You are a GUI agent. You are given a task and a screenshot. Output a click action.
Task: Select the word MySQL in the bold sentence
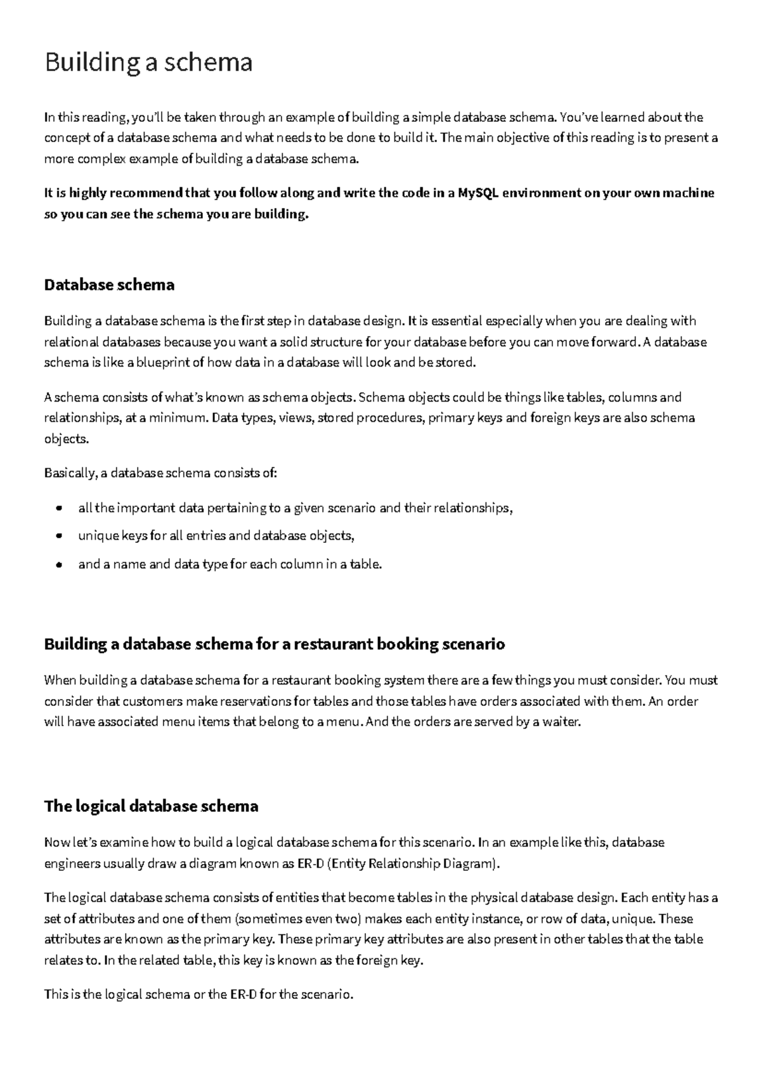[x=475, y=193]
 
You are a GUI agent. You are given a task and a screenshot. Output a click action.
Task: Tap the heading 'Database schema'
[x=109, y=285]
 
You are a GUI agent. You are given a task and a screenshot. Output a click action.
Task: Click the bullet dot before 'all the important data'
[x=59, y=508]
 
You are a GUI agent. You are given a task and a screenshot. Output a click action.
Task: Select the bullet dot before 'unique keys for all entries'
[x=59, y=536]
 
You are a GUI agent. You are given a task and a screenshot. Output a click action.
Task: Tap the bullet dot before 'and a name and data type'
[x=59, y=564]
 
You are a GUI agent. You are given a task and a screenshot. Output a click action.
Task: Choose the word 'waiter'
[x=561, y=722]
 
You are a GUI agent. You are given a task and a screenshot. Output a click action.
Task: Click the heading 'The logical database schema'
[x=151, y=806]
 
